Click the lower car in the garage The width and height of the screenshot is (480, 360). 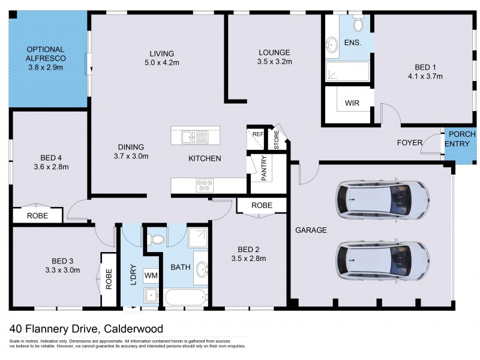383,259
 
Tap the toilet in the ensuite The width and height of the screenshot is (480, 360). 358,25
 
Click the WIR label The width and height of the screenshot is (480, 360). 352,103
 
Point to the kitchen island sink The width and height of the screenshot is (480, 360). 195,137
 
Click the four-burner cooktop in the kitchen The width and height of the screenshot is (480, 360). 204,185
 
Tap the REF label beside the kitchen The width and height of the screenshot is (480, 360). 257,134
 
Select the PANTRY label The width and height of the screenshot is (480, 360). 263,168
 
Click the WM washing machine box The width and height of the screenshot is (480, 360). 151,274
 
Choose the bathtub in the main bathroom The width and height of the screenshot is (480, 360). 186,298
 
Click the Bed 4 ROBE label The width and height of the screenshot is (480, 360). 38,215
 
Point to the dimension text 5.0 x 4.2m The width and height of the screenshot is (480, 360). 162,62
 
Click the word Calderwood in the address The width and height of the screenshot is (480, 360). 133,329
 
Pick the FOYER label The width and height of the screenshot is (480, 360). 409,143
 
